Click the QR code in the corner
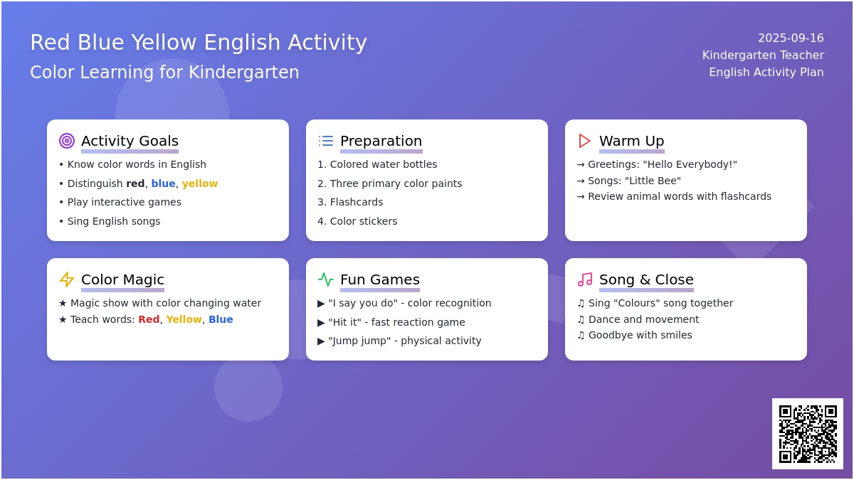[808, 434]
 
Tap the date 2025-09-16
[791, 38]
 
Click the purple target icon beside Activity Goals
[67, 141]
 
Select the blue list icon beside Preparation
[326, 141]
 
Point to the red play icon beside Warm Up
[584, 141]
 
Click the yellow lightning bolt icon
[67, 279]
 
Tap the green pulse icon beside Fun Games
[326, 279]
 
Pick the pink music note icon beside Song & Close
[585, 279]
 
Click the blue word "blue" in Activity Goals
[163, 183]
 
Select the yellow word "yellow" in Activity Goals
[200, 183]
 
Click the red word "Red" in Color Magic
[149, 319]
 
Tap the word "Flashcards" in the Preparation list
[357, 202]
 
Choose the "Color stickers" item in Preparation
[364, 221]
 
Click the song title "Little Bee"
[653, 181]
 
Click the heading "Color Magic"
[122, 279]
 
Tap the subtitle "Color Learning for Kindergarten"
[164, 72]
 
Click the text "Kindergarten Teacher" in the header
[763, 55]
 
